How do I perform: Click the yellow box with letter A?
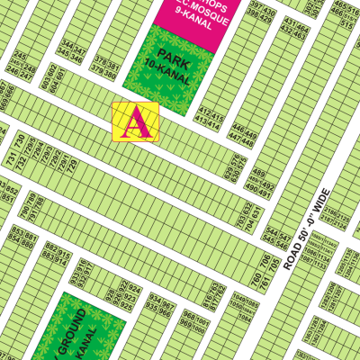pos(136,121)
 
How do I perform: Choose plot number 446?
pos(238,130)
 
